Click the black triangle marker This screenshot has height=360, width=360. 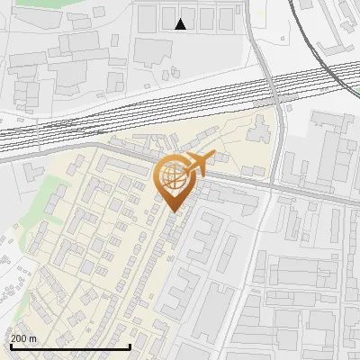pos(181,24)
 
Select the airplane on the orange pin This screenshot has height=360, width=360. pos(196,165)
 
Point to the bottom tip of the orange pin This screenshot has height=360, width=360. pos(175,211)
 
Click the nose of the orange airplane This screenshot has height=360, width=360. pos(211,158)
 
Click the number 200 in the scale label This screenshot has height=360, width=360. pos(19,338)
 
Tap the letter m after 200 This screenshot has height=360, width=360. pos(33,338)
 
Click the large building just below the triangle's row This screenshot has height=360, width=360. pos(153,50)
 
